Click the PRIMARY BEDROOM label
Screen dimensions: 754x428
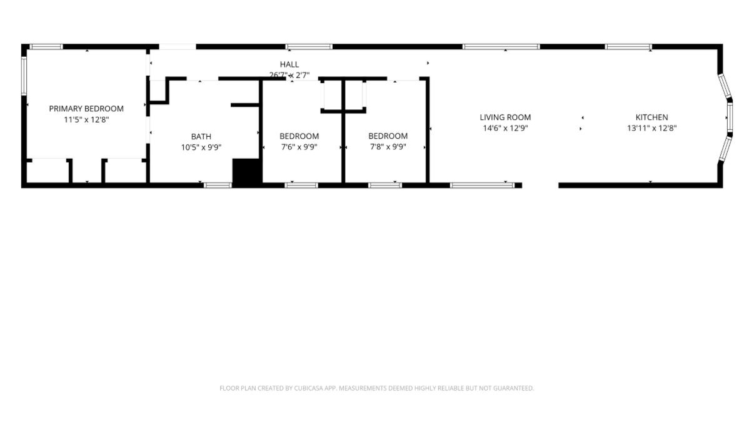86,109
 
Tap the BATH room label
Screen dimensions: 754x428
201,137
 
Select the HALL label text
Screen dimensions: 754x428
289,64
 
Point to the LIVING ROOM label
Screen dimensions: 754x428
505,117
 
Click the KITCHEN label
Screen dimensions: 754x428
651,117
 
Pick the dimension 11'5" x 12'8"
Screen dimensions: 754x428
86,119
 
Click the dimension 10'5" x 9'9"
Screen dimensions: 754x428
201,147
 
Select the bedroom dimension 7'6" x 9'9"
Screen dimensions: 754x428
299,147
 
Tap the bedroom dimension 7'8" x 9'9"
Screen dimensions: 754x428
388,147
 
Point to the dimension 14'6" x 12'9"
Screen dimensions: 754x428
505,128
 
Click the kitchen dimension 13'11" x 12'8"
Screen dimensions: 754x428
651,128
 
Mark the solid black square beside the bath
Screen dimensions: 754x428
248,173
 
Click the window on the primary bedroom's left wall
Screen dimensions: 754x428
24,76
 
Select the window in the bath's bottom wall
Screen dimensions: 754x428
218,186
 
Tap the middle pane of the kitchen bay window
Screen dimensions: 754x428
730,117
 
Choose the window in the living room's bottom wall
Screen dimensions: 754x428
483,186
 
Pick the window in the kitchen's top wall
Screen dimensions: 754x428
628,47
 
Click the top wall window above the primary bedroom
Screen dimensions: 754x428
46,47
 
